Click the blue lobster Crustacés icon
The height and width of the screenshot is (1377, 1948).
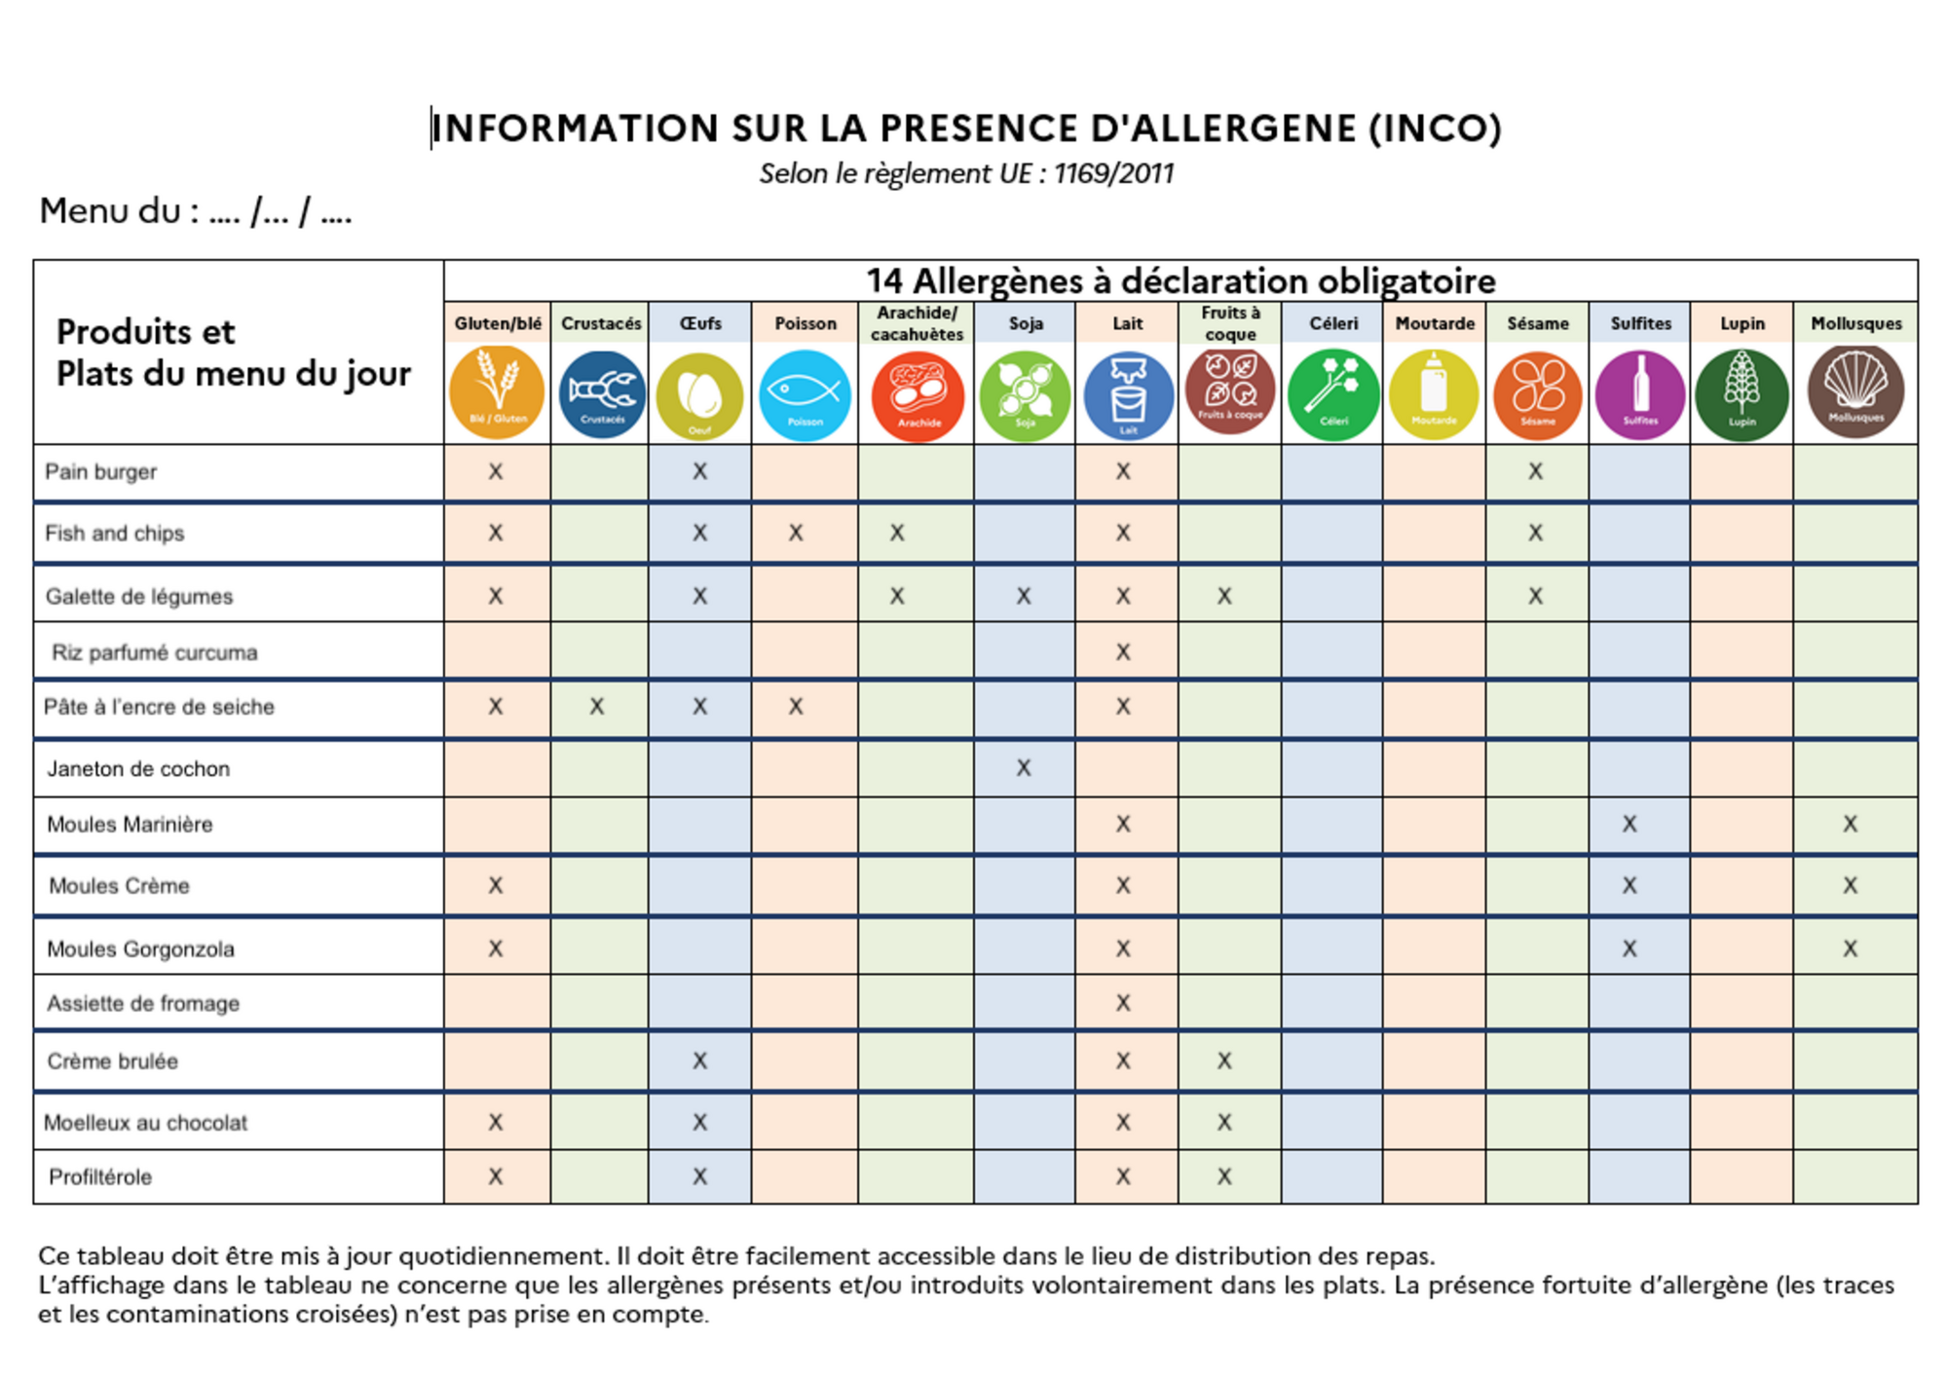[601, 394]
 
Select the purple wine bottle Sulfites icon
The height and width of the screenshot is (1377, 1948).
[1640, 394]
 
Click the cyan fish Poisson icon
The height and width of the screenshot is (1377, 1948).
[805, 394]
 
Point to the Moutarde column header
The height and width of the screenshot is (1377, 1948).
[1435, 323]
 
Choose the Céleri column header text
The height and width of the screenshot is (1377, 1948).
[1333, 323]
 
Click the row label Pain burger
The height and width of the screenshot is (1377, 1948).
[100, 472]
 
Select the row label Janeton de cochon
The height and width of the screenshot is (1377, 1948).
[138, 769]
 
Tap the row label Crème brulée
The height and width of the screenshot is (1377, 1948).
[112, 1061]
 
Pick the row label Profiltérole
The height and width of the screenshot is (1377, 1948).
[100, 1177]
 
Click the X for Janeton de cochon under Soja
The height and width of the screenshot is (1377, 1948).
[1024, 768]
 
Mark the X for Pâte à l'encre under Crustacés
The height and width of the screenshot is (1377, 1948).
[597, 707]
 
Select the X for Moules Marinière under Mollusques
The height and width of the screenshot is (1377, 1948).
[1851, 825]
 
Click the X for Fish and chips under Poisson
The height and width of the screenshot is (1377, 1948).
[796, 534]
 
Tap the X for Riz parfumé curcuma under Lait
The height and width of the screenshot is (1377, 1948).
[1123, 652]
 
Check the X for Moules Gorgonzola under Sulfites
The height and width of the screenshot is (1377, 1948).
[1630, 949]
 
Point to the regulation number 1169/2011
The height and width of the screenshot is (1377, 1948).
[1113, 174]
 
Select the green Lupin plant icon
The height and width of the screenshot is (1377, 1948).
[1742, 394]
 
